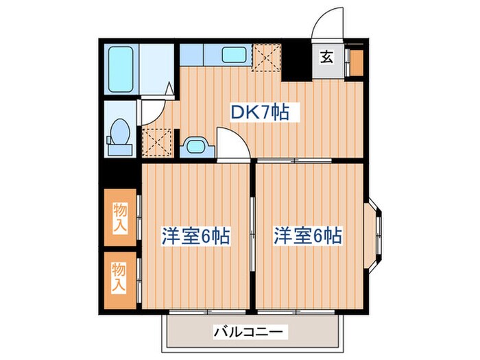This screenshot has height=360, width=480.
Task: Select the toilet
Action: tap(121, 134)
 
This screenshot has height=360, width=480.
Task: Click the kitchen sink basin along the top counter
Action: tap(235, 54)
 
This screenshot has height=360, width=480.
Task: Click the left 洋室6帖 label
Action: tap(195, 237)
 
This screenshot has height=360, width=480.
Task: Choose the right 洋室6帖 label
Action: tap(308, 237)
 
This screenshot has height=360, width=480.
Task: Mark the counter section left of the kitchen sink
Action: tap(200, 53)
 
